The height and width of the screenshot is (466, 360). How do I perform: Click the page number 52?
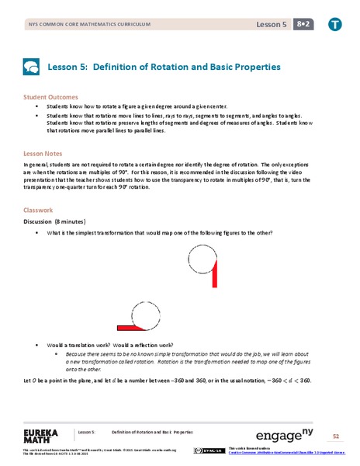336,436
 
